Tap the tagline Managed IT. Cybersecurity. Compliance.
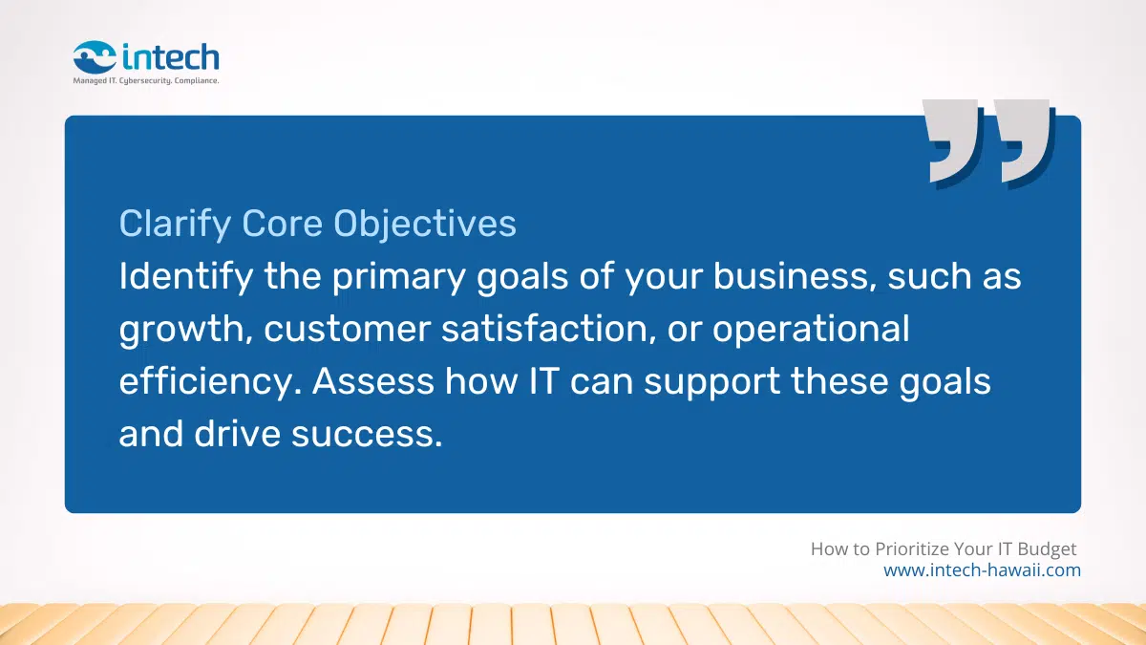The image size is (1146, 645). click(x=146, y=81)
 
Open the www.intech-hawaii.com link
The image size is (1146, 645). click(x=982, y=570)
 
